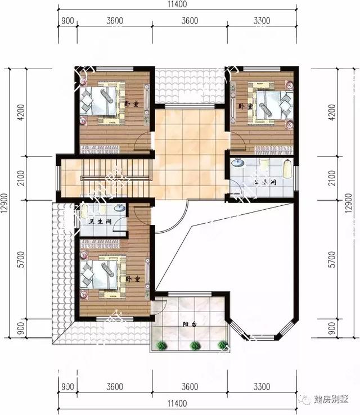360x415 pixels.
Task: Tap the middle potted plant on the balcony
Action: (x=195, y=345)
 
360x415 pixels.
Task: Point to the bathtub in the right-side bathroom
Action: (x=287, y=168)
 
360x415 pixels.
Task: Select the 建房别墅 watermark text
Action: (x=333, y=399)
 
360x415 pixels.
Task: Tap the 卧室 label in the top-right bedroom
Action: (x=244, y=106)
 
